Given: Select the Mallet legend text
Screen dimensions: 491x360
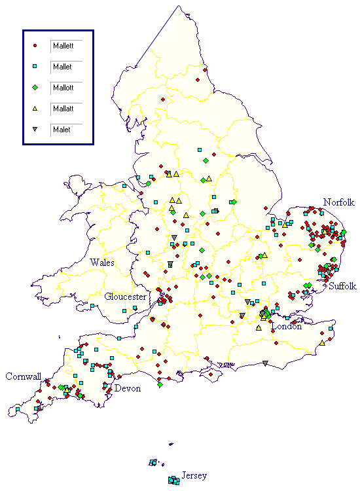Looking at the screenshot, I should [x=63, y=67].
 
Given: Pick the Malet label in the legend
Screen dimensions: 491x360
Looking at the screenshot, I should [x=62, y=130].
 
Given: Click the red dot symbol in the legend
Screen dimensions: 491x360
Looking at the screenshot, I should [x=35, y=46].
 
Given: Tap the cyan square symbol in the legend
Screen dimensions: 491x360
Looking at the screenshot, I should [x=35, y=67].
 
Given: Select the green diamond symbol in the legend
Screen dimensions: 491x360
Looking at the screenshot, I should [x=35, y=88].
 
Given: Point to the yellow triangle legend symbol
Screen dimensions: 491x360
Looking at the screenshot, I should [x=35, y=109].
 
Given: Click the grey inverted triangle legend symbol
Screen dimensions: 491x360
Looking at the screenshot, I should [x=35, y=130].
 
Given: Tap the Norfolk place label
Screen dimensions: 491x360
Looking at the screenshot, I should [x=338, y=202].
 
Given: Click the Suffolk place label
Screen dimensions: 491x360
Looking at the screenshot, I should [x=342, y=286].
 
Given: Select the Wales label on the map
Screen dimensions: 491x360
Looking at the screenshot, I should [x=103, y=263].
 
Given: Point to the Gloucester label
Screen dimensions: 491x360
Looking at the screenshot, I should [x=125, y=297].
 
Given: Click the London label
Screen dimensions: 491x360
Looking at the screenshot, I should [x=287, y=326].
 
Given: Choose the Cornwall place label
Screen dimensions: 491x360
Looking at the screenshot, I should [x=24, y=376].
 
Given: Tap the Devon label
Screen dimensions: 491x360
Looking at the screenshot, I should [x=128, y=388].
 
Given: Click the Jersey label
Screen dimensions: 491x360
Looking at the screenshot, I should [x=194, y=475].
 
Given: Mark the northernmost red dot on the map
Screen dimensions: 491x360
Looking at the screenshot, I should [x=205, y=70].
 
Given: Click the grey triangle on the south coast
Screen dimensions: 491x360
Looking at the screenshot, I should [x=265, y=363].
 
